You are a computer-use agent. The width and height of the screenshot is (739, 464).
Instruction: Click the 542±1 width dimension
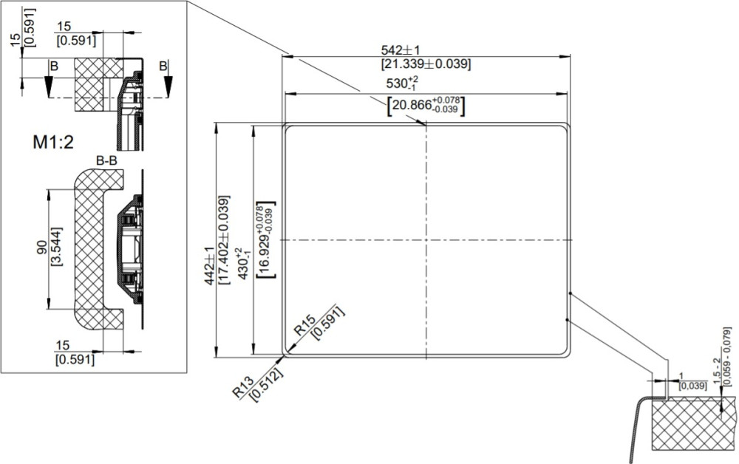pyautogui.click(x=400, y=50)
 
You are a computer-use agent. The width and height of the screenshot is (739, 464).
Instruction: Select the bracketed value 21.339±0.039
pyautogui.click(x=426, y=64)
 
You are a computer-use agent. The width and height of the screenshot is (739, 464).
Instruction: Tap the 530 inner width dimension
pyautogui.click(x=402, y=83)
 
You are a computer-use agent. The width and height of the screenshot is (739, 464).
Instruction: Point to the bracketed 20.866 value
pyautogui.click(x=426, y=106)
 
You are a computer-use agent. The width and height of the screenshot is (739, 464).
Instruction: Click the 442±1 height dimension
pyautogui.click(x=209, y=265)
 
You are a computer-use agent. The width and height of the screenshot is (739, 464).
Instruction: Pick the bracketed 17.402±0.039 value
pyautogui.click(x=224, y=239)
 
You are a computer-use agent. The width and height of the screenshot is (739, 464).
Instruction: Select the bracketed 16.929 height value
pyautogui.click(x=267, y=239)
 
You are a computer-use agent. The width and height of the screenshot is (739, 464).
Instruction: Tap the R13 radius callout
pyautogui.click(x=244, y=386)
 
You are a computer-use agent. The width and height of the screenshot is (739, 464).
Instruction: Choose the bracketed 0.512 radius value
pyautogui.click(x=266, y=385)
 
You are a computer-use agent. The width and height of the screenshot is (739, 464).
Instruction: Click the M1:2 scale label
pyautogui.click(x=53, y=142)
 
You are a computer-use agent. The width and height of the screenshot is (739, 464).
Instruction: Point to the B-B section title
pyautogui.click(x=106, y=160)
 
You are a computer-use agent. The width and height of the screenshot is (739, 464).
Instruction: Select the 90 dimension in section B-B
pyautogui.click(x=41, y=248)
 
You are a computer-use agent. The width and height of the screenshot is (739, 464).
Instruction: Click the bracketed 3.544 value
pyautogui.click(x=56, y=247)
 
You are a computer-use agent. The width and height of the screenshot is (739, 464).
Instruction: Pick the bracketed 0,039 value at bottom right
pyautogui.click(x=693, y=386)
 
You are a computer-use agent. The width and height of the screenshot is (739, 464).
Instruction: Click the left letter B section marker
pyautogui.click(x=54, y=66)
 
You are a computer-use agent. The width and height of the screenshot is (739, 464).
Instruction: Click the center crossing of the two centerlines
pyautogui.click(x=426, y=240)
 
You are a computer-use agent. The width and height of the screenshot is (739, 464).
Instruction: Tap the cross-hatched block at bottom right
pyautogui.click(x=693, y=423)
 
